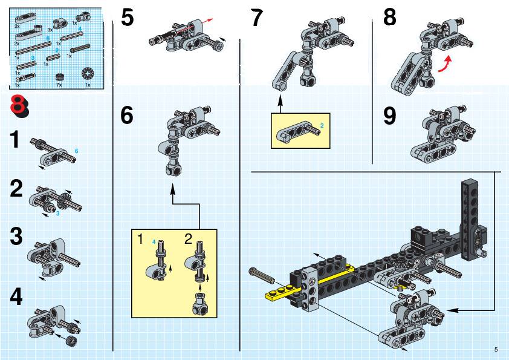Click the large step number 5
point(127,17)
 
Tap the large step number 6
point(127,115)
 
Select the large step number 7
point(258,18)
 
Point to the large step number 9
point(390,116)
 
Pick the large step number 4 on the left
point(16,297)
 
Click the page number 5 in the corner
point(496,349)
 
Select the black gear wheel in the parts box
point(88,74)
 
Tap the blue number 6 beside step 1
point(77,150)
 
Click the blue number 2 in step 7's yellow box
point(322,125)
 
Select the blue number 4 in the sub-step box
point(154,242)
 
